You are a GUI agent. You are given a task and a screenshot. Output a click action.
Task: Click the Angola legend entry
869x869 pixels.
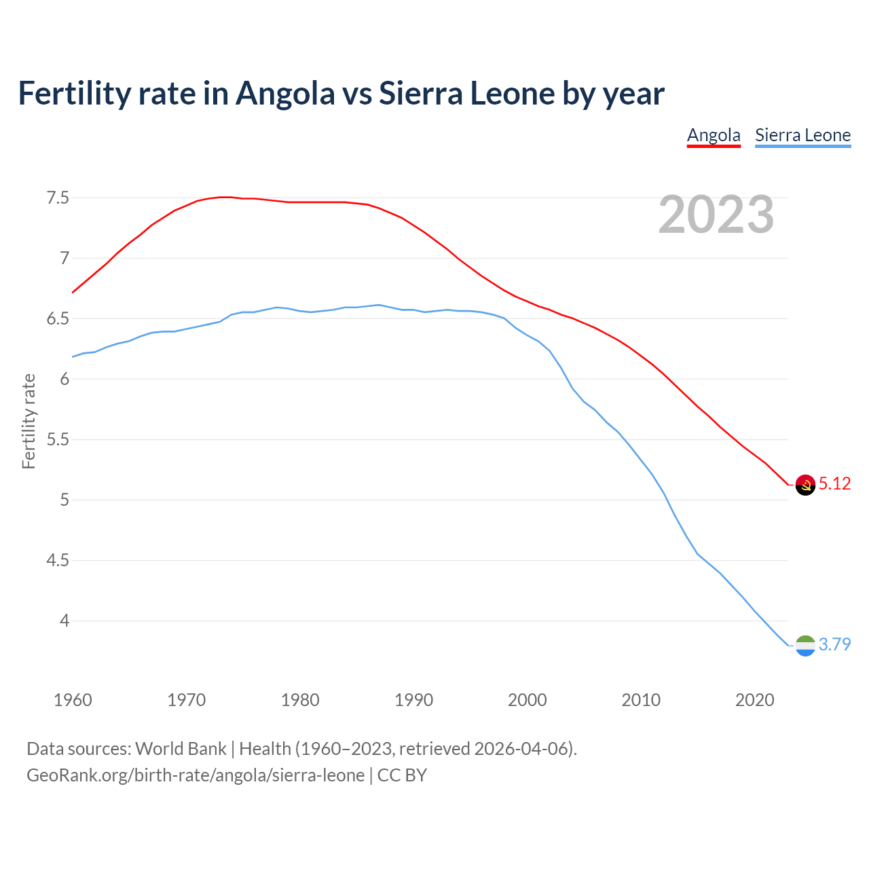click(714, 135)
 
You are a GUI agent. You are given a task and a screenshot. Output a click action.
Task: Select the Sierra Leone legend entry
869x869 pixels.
click(802, 135)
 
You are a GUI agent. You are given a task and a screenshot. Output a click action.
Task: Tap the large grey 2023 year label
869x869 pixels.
click(716, 215)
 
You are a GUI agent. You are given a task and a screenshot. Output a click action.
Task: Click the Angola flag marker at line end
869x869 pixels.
click(805, 485)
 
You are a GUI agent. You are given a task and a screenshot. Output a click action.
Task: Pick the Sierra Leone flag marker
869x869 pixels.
click(805, 646)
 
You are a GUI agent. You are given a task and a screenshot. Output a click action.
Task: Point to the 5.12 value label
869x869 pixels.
click(834, 483)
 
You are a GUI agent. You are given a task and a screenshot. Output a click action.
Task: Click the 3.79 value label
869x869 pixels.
click(834, 644)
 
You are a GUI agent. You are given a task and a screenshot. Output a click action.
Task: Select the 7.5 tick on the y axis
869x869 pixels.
click(58, 198)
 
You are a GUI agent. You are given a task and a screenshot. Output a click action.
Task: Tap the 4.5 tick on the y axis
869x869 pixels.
click(58, 561)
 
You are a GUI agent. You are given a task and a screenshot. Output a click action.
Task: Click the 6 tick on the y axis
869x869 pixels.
click(64, 380)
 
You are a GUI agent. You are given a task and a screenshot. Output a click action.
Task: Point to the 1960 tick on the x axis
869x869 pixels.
click(73, 700)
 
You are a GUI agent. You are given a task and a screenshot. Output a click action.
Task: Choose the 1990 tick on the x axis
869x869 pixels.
click(413, 700)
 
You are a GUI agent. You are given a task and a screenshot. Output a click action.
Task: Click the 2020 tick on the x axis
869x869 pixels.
click(754, 700)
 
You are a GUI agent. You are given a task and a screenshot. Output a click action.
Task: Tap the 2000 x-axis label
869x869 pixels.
click(527, 700)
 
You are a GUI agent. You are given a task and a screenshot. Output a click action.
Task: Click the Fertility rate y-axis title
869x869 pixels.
click(29, 421)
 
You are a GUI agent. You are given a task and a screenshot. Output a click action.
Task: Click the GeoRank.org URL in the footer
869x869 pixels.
click(196, 775)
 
